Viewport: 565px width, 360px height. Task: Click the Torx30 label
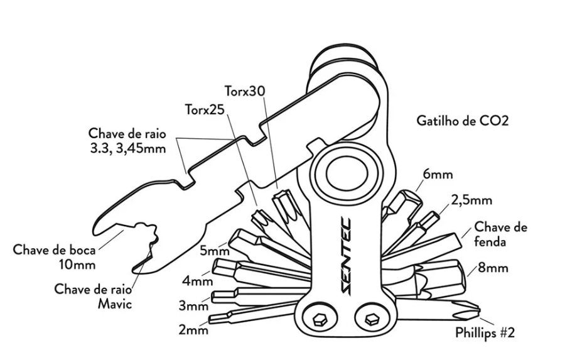point(245,90)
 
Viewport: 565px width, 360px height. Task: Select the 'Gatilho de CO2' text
point(462,120)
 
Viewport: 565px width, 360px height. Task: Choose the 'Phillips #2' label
point(485,333)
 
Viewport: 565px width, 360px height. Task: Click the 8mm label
point(493,268)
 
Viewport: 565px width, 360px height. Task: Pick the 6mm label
point(438,175)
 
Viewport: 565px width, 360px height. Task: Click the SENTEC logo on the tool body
point(347,254)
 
